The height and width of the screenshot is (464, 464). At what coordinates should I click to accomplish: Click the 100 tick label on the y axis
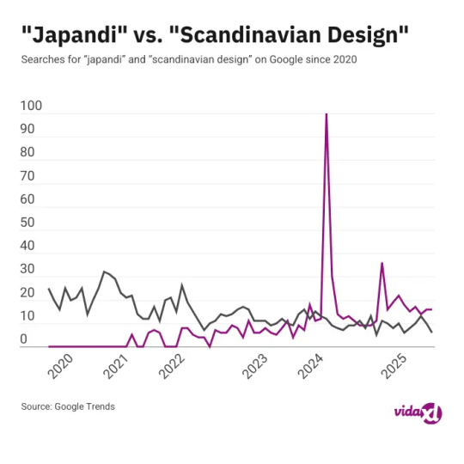pyautogui.click(x=30, y=107)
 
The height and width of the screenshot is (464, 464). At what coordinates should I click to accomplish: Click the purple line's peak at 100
pyautogui.click(x=326, y=114)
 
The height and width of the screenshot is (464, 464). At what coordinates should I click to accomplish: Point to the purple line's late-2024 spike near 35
pyautogui.click(x=382, y=263)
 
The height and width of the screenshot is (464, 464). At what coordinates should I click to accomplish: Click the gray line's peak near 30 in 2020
pyautogui.click(x=104, y=272)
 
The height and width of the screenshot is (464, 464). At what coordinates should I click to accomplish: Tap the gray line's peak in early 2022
pyautogui.click(x=181, y=284)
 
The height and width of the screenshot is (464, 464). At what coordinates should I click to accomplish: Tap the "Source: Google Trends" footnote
pyautogui.click(x=68, y=406)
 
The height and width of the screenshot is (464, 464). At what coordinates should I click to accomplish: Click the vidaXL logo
pyautogui.click(x=417, y=413)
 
